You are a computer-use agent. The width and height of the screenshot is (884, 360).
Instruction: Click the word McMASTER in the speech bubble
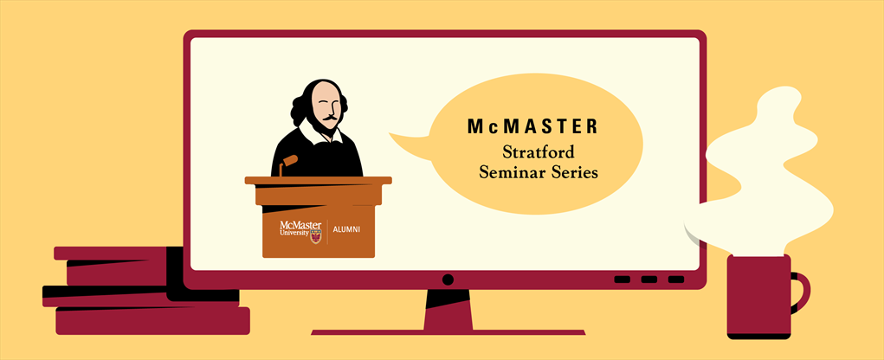[532, 127]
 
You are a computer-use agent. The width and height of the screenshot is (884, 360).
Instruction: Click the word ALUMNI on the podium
[346, 230]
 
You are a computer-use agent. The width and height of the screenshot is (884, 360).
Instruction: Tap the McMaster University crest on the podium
[316, 235]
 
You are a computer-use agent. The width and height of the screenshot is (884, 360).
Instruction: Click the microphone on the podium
[288, 164]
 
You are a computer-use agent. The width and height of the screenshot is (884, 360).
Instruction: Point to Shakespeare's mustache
[331, 119]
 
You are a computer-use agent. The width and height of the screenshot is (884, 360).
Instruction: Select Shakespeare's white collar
[318, 133]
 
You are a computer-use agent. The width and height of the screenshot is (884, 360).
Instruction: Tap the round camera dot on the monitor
[448, 279]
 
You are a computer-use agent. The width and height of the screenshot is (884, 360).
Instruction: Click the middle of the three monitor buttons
[648, 280]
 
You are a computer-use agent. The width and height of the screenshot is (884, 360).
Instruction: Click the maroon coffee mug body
[758, 296]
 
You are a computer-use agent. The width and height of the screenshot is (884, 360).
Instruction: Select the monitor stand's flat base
[448, 332]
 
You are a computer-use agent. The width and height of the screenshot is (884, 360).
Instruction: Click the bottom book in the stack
[152, 320]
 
